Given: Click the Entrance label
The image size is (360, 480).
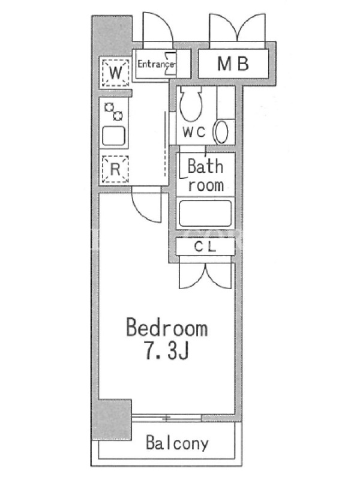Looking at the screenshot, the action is pos(155,64).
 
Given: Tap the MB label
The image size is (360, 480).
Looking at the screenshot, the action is pos(233,64).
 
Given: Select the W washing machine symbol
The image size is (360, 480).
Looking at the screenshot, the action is pos(115,73).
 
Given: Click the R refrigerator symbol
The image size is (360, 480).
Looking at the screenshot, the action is pos(115,169).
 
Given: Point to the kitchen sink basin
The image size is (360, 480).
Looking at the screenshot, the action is pos(113,136).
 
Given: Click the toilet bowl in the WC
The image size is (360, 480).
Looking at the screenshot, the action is pos(191,104).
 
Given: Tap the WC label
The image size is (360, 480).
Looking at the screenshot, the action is pos(194,132).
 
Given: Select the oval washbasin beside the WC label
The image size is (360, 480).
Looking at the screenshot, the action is pos(221,132).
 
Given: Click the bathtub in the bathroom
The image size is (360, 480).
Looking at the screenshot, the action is pos(205,214).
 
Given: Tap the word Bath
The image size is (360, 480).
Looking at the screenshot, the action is pos(205,166).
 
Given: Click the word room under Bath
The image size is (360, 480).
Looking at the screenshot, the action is pos(206,185).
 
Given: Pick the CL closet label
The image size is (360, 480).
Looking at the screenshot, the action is pos(205,247).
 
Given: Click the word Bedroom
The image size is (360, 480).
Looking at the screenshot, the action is pos(167,328).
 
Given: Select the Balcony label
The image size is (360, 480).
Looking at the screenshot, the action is pos(177,443).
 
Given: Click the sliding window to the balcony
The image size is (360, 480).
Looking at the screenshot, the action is pos(167,418).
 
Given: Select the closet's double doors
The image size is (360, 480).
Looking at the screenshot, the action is pos(206,275).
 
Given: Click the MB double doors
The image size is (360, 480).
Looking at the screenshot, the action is pos(237,29).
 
